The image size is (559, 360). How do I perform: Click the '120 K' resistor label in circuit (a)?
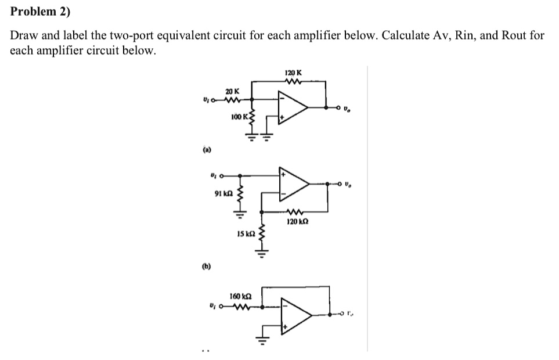click(293, 73)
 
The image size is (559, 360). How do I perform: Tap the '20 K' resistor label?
click(231, 92)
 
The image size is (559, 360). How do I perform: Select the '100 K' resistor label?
click(239, 117)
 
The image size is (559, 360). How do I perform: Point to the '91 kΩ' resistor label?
click(223, 193)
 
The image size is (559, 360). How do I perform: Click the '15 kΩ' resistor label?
click(246, 234)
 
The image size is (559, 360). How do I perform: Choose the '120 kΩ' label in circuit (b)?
click(298, 221)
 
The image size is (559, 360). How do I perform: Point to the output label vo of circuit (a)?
click(347, 109)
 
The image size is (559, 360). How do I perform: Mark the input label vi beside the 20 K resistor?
click(206, 99)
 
